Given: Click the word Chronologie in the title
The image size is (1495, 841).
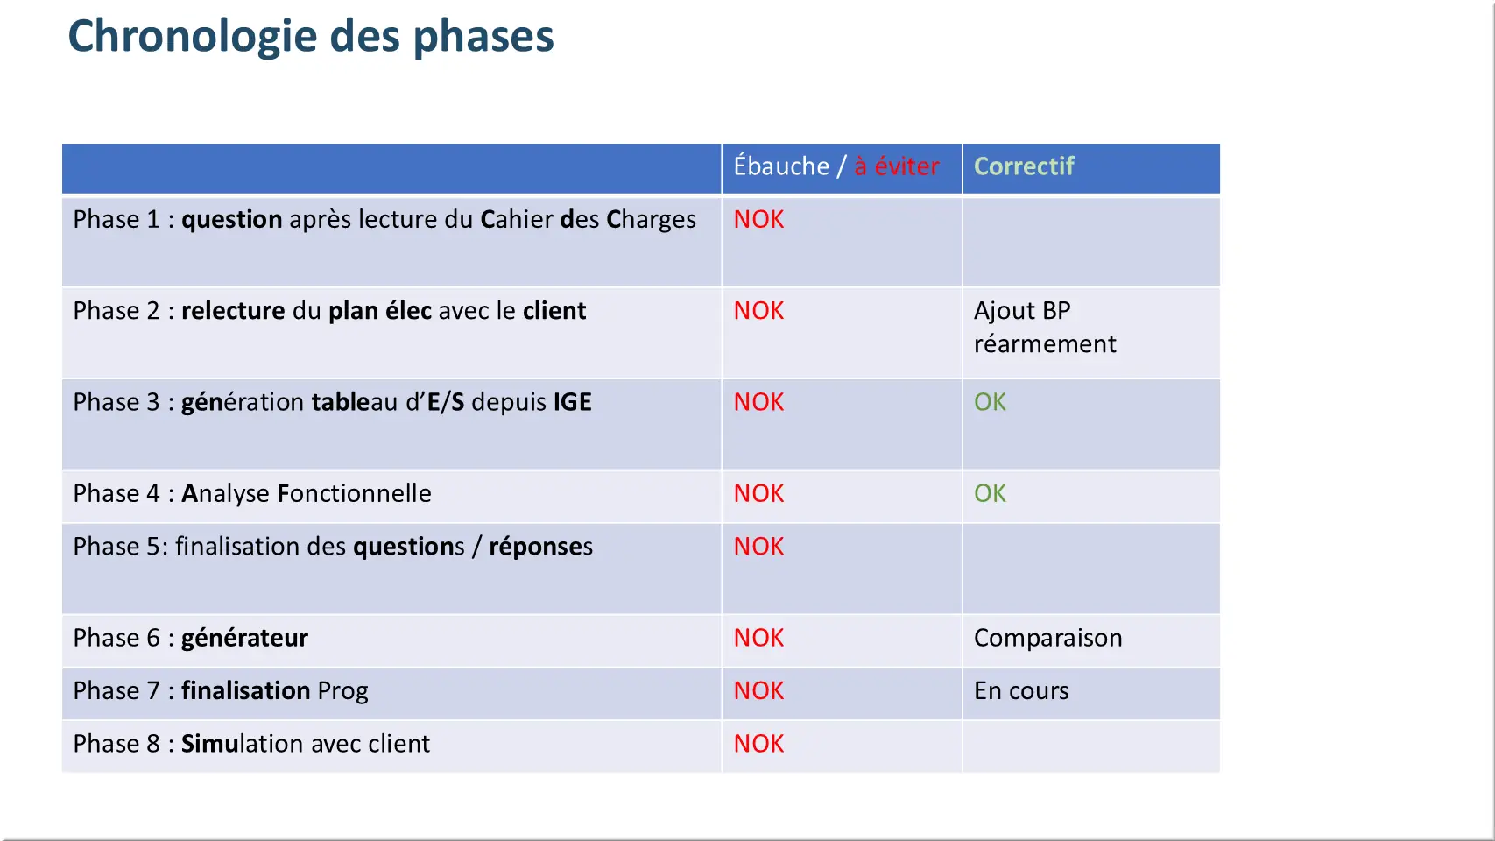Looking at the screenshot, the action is tap(192, 38).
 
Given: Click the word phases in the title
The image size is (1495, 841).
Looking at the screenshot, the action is tap(483, 38).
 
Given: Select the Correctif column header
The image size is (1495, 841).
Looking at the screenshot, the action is tap(1024, 166).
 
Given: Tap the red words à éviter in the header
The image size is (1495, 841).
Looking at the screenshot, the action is tap(896, 166).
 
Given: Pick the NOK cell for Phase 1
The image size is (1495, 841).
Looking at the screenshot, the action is tap(758, 220).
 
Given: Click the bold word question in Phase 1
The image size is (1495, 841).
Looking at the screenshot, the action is tap(231, 220).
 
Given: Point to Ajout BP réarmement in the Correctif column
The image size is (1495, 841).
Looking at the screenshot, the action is tap(1045, 328).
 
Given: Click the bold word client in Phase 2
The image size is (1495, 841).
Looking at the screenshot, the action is tap(554, 311).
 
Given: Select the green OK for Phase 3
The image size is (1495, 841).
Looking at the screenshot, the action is tap(990, 402).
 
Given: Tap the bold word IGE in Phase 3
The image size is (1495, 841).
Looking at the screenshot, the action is tap(572, 402).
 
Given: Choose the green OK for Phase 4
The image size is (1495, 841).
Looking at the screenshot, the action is tap(990, 494).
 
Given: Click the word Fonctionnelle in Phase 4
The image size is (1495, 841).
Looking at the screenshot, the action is tap(354, 494).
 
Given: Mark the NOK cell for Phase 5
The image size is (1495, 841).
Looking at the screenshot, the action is tap(758, 547).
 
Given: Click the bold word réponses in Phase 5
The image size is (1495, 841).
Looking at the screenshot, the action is tap(540, 548).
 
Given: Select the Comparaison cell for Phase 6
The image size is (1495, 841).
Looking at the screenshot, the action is tap(1047, 639).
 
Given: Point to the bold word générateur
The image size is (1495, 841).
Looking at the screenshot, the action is tap(244, 638).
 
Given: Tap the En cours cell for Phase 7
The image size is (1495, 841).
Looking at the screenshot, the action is tap(1021, 691).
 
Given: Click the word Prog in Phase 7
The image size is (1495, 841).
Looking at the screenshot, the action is tap(342, 692).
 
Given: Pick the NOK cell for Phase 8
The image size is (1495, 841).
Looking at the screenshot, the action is tap(758, 745).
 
